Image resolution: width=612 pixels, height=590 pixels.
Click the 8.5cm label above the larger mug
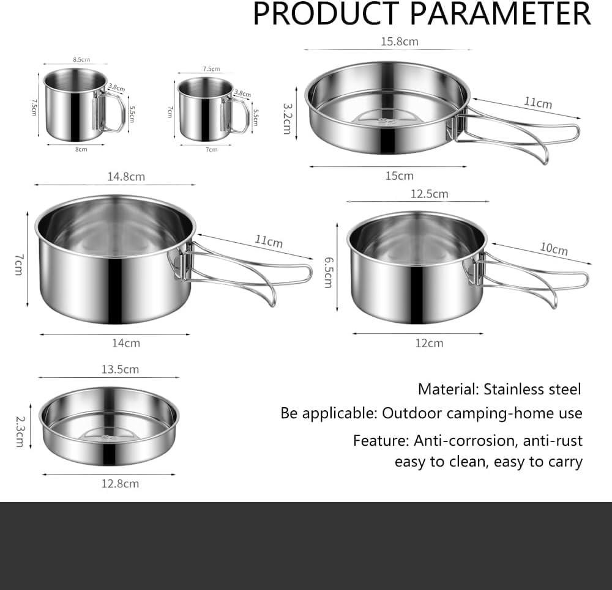pos(81,60)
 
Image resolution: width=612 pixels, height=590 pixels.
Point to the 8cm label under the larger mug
pos(81,149)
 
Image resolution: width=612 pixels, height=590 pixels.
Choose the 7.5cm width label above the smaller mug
pos(211,69)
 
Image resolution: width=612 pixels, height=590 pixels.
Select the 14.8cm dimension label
pos(125,177)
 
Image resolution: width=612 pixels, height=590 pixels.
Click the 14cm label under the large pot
pos(125,343)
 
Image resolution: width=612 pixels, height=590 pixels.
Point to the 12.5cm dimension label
pos(429,194)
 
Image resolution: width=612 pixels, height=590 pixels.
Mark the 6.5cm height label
pos(328,272)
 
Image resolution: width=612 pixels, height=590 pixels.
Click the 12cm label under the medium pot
pos(429,343)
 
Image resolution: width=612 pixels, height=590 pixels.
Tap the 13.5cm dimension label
pos(119,369)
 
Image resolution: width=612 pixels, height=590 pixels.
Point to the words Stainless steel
pos(532,389)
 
